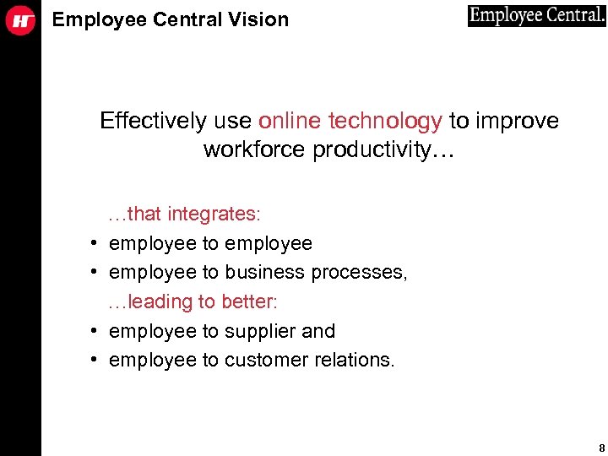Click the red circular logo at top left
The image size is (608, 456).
tap(20, 21)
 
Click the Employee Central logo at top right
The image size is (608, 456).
tap(536, 16)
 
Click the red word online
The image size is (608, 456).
tap(290, 122)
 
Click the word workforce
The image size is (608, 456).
tap(255, 150)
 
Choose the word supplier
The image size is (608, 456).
tap(262, 331)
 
